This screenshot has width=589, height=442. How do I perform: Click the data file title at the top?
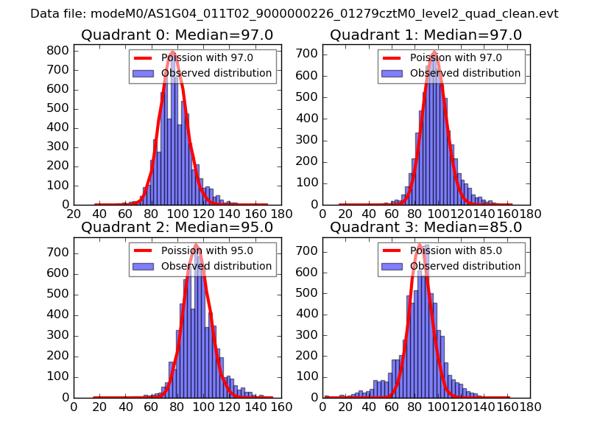pos(294,14)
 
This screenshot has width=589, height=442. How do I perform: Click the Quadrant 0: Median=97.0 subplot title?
pos(177,35)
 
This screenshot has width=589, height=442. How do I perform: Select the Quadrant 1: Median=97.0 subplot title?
pos(426,35)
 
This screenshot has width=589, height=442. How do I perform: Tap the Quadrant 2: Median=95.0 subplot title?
pos(177,228)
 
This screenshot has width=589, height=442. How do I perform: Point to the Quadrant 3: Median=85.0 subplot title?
pos(426,228)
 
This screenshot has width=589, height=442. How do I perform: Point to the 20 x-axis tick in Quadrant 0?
pos(74,214)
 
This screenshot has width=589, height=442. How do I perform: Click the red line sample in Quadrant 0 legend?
pos(144,58)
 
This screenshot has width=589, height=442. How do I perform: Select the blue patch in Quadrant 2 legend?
pos(144,266)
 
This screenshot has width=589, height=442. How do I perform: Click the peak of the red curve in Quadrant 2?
pos(196,245)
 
